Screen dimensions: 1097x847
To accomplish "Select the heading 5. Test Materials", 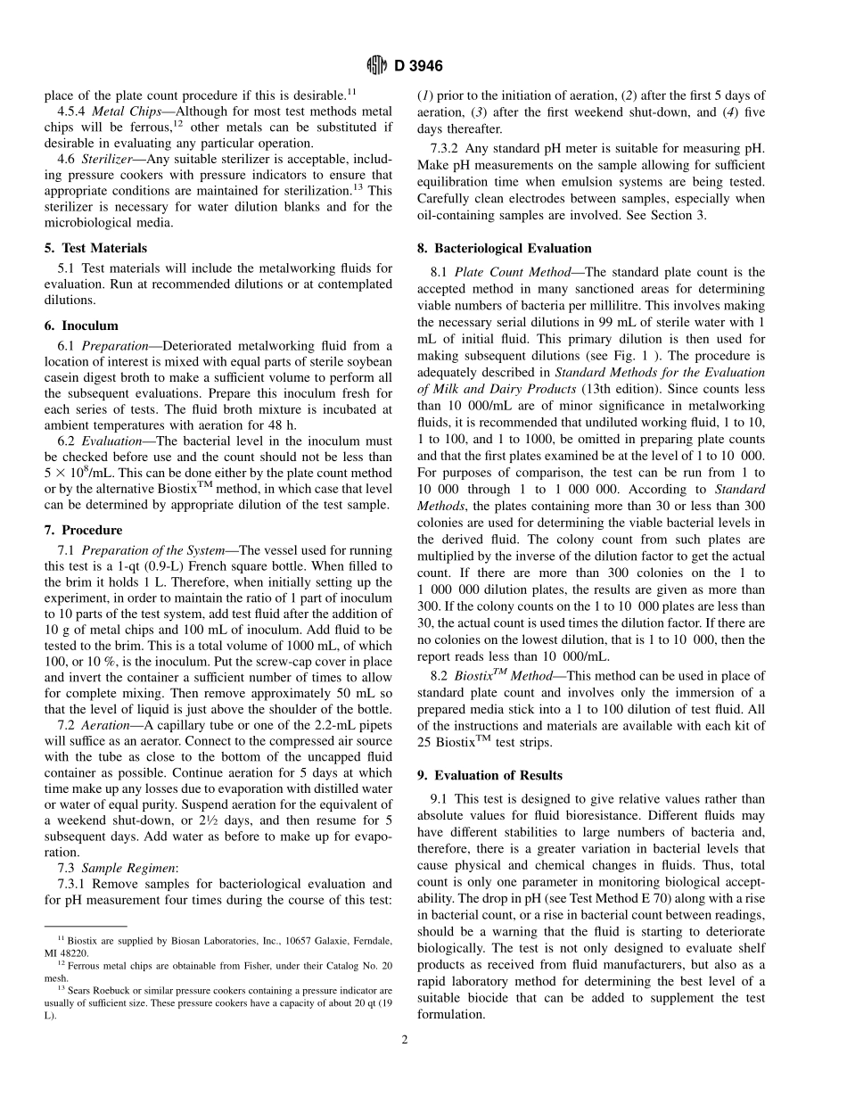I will pos(95,248).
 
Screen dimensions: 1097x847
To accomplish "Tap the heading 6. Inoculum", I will pos(81,326).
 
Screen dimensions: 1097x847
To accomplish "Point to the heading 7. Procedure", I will pos(83,530).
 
